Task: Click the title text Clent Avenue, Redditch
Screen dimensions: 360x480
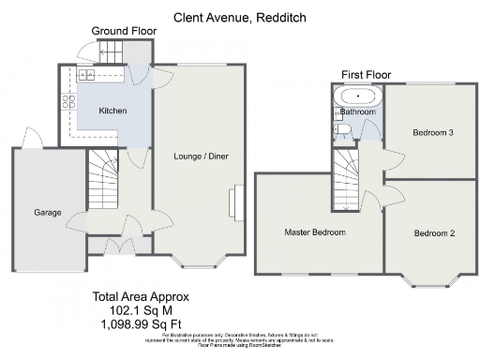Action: click(239, 17)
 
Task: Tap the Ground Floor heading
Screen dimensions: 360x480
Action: click(122, 31)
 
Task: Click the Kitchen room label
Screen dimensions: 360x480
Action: click(112, 111)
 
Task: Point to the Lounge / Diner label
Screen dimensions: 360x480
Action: click(201, 156)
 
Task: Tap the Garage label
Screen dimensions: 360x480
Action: click(48, 213)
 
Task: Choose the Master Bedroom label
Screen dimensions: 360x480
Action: click(316, 232)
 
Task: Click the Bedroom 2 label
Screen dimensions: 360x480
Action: click(433, 233)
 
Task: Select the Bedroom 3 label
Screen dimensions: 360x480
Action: click(433, 133)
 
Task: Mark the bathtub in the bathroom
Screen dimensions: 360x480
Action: click(357, 96)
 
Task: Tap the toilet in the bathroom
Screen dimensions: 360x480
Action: click(342, 129)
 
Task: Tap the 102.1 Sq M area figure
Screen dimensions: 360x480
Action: click(133, 310)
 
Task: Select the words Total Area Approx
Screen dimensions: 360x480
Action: click(133, 297)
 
